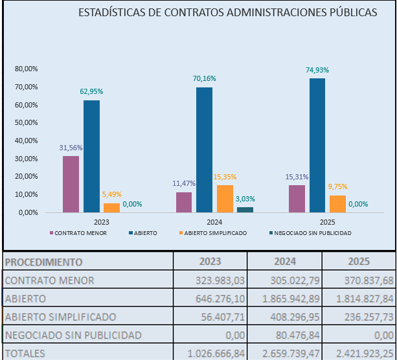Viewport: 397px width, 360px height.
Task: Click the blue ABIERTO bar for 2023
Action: tap(91, 156)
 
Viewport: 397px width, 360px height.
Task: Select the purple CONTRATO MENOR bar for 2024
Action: tap(184, 202)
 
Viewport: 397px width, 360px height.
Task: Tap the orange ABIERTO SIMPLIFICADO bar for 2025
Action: tap(337, 204)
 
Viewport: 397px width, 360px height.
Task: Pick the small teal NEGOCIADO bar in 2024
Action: tap(245, 209)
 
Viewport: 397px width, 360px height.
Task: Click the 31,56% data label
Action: tap(71, 148)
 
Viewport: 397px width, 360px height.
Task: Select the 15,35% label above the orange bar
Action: tap(225, 177)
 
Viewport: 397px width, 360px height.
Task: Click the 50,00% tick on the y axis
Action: tap(27, 123)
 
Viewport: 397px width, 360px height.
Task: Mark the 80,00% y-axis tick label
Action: tap(27, 69)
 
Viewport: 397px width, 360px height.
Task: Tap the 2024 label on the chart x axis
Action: tap(214, 222)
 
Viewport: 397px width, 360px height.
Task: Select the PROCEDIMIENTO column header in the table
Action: tap(43, 262)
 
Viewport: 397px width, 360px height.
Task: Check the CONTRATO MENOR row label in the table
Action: tap(49, 280)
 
